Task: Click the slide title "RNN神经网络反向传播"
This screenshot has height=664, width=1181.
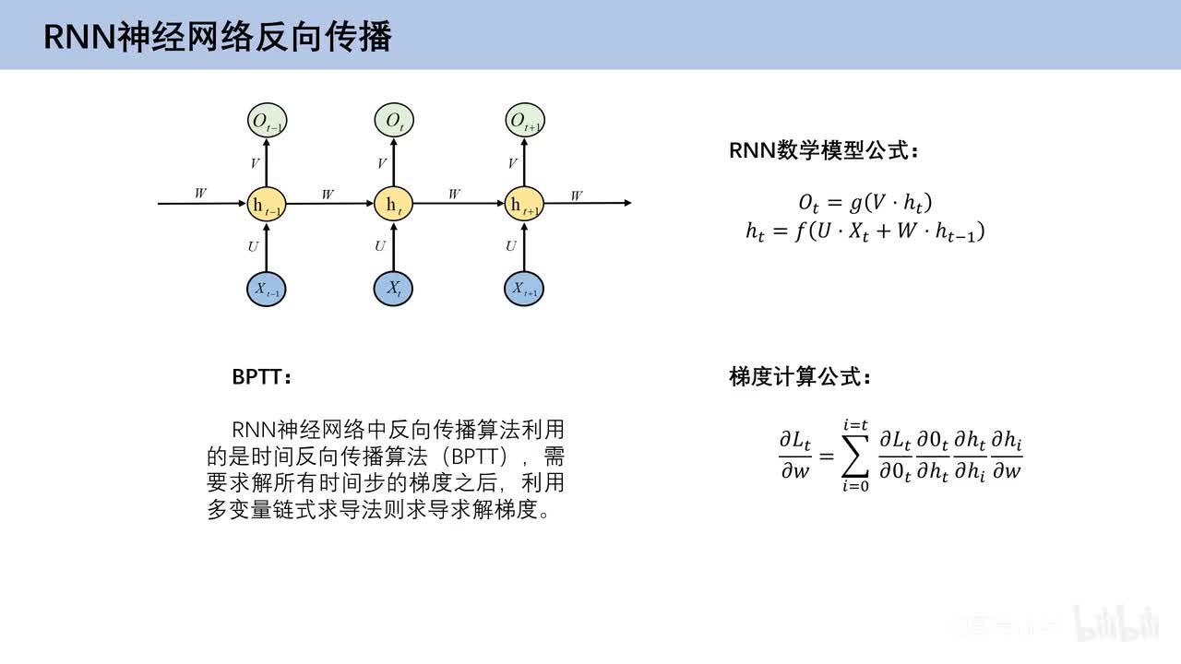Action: coord(218,36)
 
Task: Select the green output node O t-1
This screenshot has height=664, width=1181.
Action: coord(267,120)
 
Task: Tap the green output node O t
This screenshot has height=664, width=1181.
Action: coord(394,120)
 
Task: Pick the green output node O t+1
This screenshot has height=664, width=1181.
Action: coord(525,120)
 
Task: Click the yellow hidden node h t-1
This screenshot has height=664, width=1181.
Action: coord(266,204)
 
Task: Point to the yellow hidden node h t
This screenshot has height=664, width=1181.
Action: coord(394,204)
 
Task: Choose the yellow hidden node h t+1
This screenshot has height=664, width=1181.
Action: coord(525,204)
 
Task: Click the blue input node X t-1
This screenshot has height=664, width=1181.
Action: coord(266,289)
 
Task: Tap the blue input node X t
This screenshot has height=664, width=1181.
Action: coord(394,289)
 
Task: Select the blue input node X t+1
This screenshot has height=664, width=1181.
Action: coord(525,289)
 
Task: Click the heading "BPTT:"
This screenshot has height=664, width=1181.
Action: coord(261,377)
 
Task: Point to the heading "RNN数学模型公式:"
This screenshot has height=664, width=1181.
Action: coord(823,151)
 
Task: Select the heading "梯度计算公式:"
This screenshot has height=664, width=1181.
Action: coord(799,377)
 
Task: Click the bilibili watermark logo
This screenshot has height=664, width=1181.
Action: coord(1116,623)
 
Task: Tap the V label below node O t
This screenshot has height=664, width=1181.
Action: coord(382,164)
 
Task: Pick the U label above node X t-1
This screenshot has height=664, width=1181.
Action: coord(253,246)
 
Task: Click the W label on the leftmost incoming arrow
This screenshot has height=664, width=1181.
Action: coord(200,194)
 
